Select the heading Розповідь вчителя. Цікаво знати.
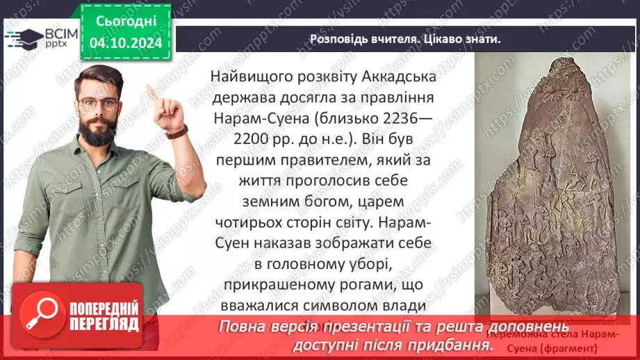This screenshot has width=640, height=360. [x=404, y=39]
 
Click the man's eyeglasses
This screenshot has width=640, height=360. [x=97, y=104]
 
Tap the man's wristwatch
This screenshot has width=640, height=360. [x=177, y=132]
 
